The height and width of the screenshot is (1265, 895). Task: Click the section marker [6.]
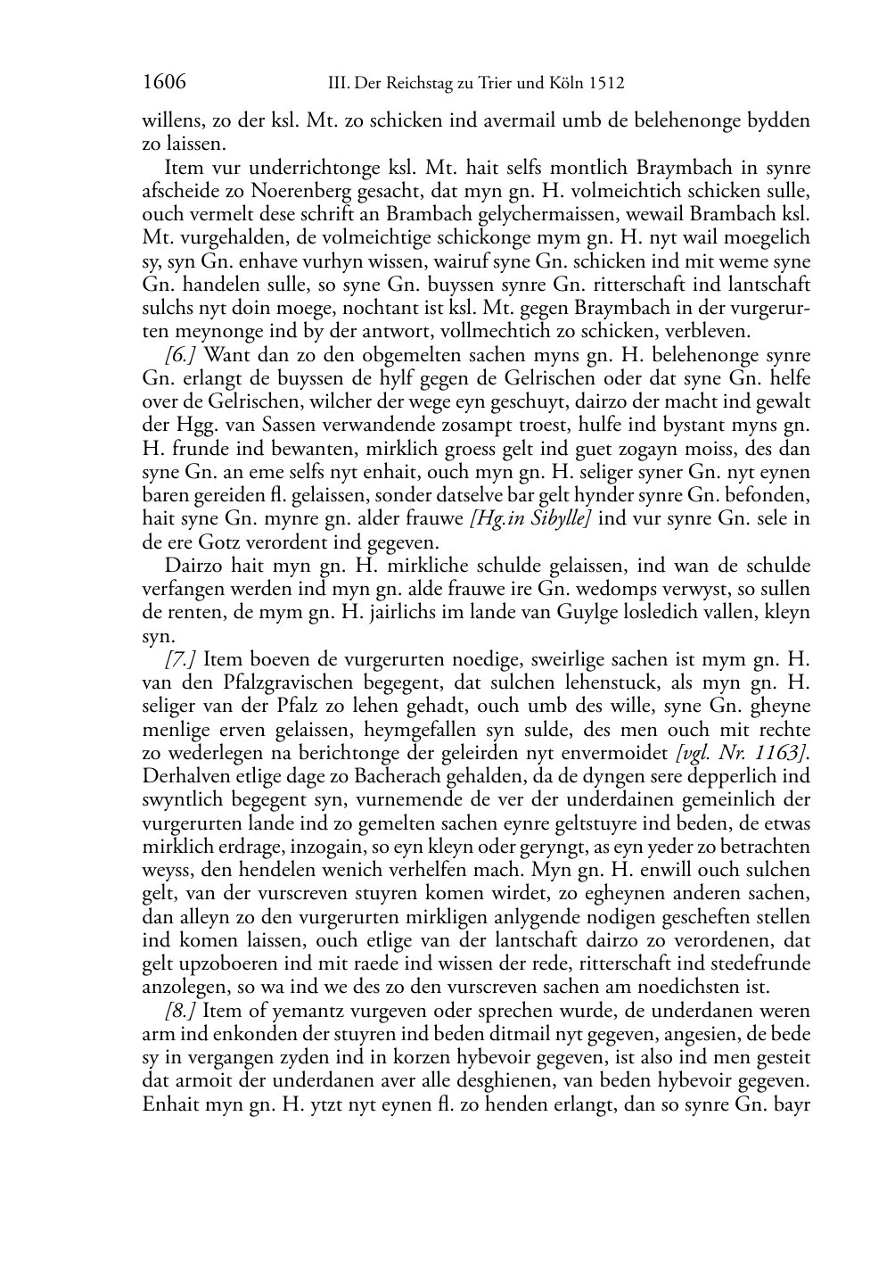pyautogui.click(x=182, y=355)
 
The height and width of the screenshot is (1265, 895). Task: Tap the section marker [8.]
pyautogui.click(x=182, y=1011)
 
